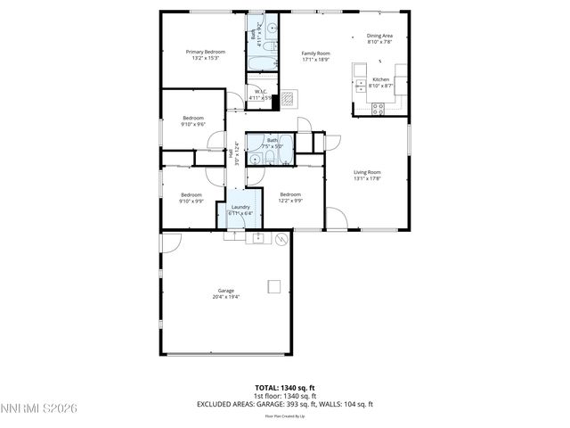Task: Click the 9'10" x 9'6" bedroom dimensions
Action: [193, 125]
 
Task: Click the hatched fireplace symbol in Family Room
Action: [290, 99]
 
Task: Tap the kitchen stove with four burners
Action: [378, 109]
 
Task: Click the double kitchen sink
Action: [360, 86]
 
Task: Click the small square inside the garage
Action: [274, 286]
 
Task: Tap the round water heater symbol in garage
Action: [282, 239]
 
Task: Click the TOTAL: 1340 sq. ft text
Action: [285, 388]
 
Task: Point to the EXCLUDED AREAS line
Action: [285, 404]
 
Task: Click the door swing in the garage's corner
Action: [171, 242]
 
